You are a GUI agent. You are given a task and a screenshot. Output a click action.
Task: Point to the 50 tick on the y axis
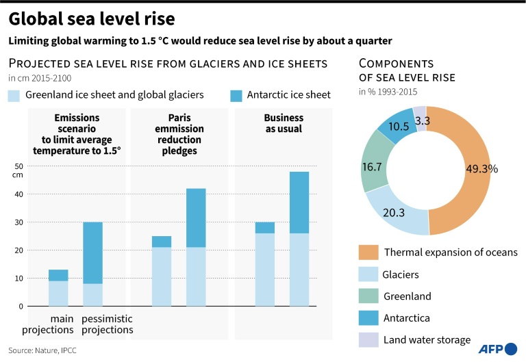click(18, 166)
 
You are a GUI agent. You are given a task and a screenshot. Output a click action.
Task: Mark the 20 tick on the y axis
click(18, 250)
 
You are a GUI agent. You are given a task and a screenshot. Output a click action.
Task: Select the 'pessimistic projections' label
click(107, 324)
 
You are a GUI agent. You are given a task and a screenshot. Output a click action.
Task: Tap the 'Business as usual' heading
click(284, 123)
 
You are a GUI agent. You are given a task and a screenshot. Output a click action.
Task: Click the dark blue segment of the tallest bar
click(299, 203)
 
